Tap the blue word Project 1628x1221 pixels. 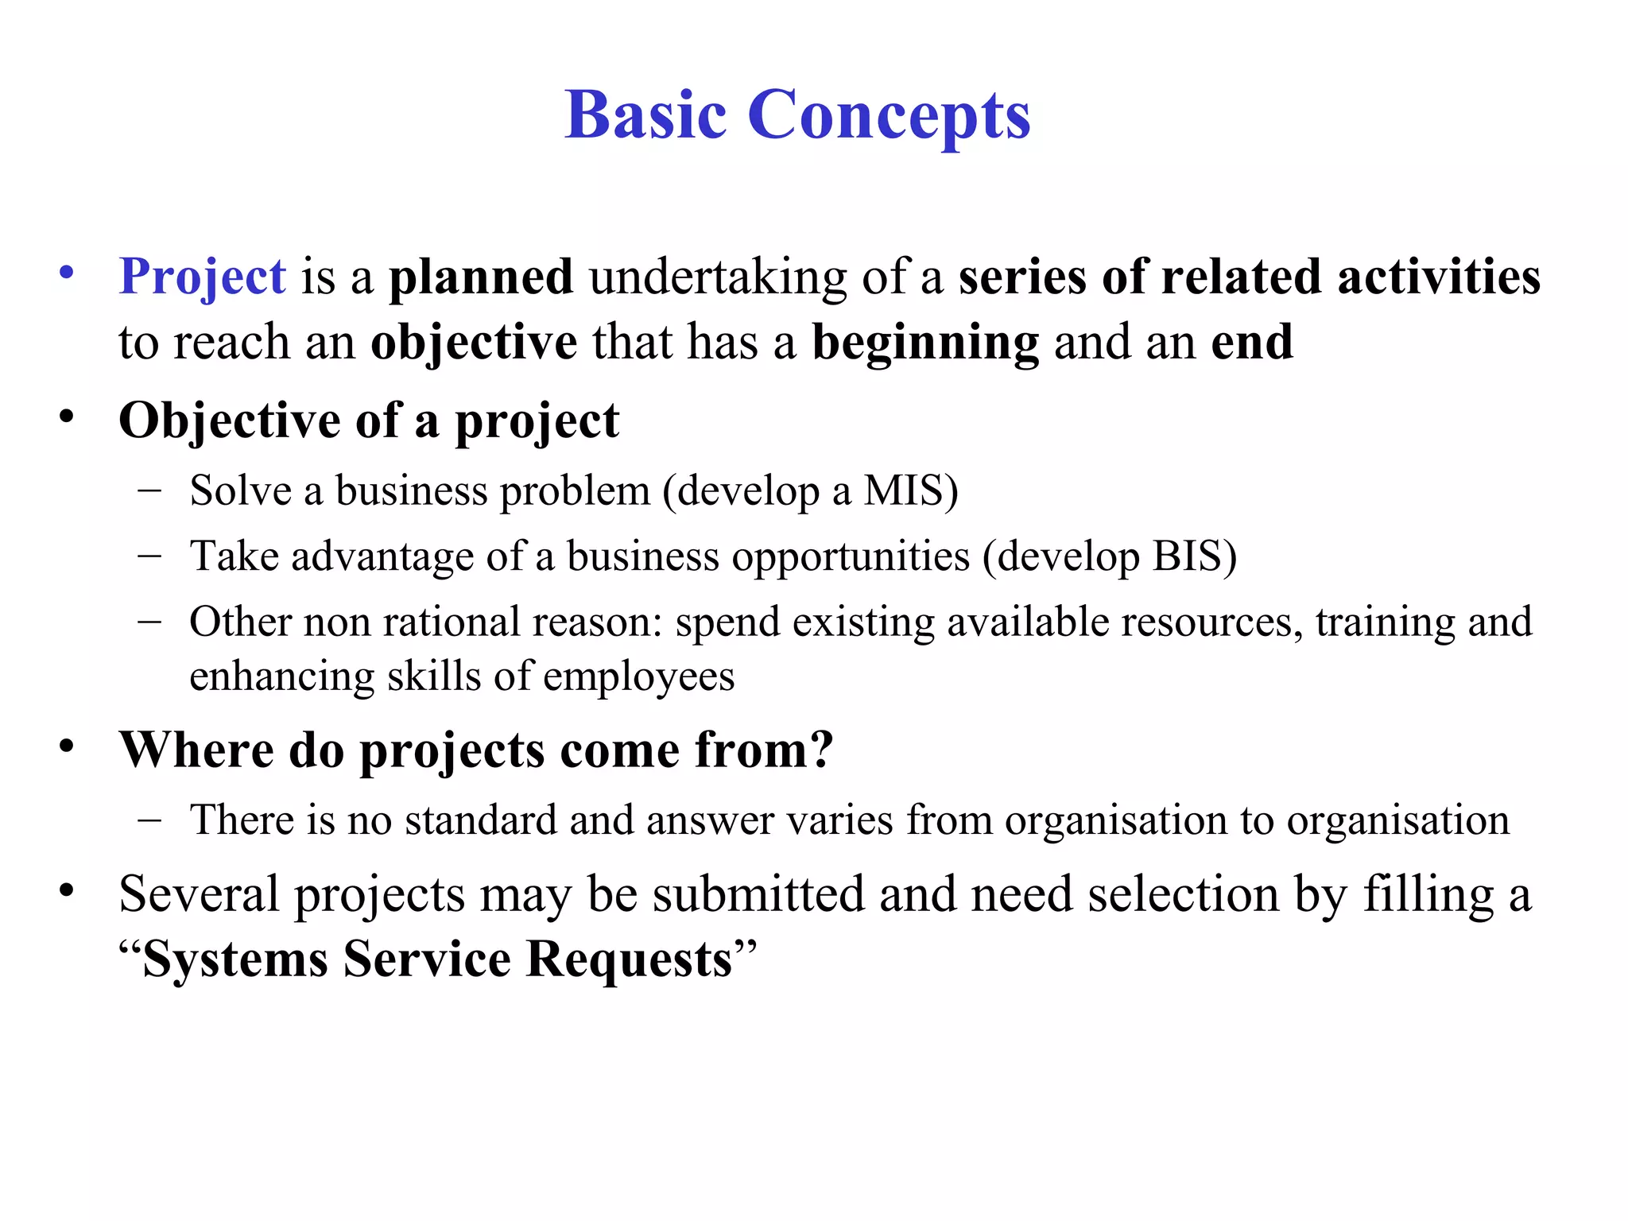(x=202, y=277)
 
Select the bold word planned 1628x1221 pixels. (x=480, y=278)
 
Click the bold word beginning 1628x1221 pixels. (x=924, y=343)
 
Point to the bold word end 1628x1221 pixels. (x=1252, y=342)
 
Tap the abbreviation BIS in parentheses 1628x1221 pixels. (x=1186, y=556)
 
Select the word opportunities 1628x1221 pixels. (x=851, y=557)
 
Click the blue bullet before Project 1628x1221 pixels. (x=67, y=273)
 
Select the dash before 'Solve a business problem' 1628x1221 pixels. (x=149, y=490)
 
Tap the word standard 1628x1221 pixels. (x=481, y=820)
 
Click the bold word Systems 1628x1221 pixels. (x=235, y=959)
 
